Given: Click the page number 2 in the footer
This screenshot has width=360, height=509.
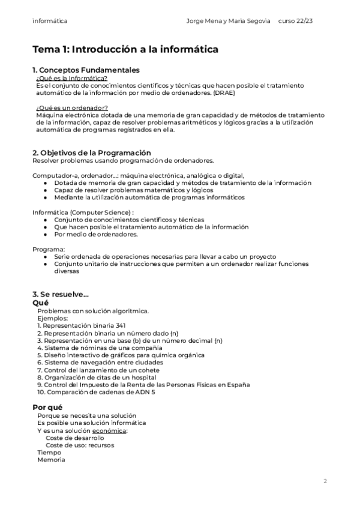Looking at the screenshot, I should pos(325,481).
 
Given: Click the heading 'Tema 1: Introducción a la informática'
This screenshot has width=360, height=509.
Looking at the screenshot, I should pos(125,49).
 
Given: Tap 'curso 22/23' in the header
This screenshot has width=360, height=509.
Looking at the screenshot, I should pos(296,21).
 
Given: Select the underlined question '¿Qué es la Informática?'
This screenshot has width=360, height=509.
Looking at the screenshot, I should pos(72,78).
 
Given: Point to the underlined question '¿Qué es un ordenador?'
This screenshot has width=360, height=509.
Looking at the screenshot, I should pos(72,107).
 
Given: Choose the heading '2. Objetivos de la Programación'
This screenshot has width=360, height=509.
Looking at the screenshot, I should pos(91,152).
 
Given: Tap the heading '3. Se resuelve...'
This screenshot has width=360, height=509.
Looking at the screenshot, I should pos(61,294).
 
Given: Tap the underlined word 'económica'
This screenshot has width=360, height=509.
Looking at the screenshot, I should pos(109,430).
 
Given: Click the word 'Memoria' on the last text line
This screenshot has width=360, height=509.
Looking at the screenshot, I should pos(51,460).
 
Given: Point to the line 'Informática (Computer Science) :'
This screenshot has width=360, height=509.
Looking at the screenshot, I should pos(83,212).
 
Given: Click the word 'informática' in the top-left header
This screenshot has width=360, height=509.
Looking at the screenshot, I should pos(50,21).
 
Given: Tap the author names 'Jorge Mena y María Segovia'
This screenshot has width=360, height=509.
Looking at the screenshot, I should pos(229,21).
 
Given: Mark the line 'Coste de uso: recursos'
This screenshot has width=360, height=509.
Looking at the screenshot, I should pos(80,445).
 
